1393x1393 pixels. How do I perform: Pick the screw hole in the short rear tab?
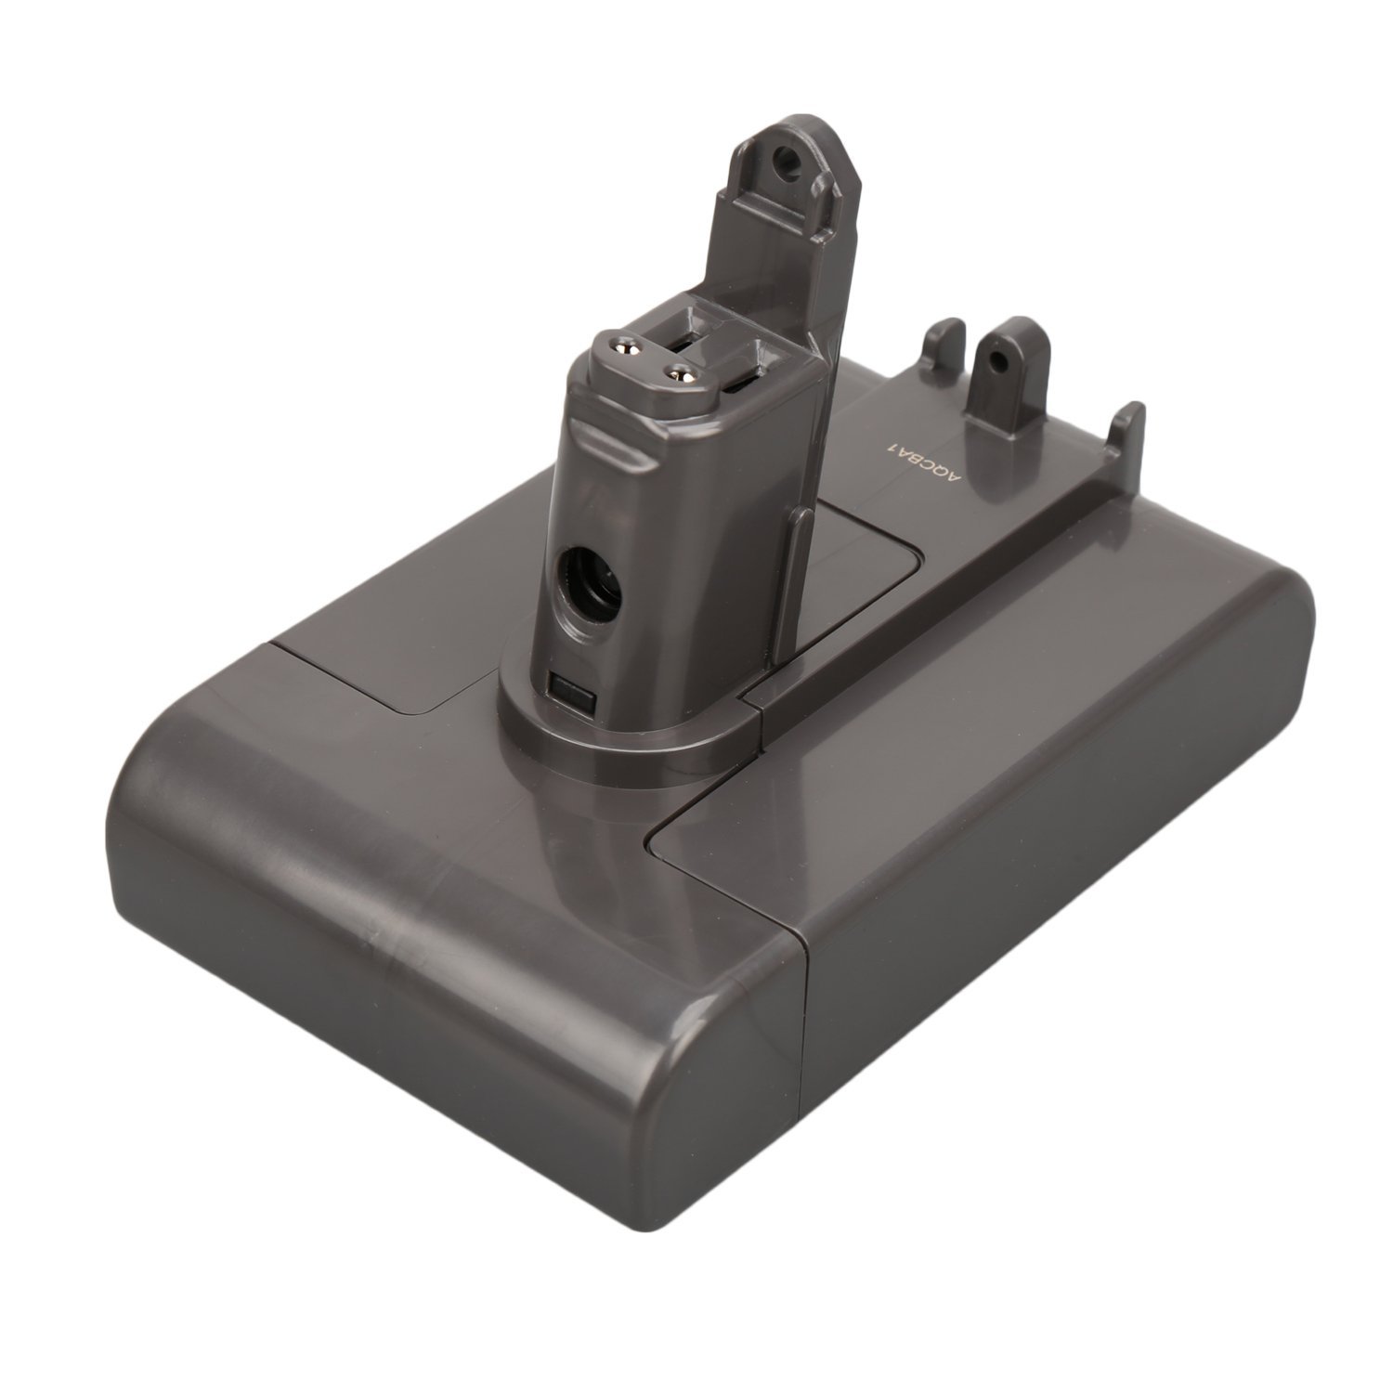[x=997, y=357]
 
